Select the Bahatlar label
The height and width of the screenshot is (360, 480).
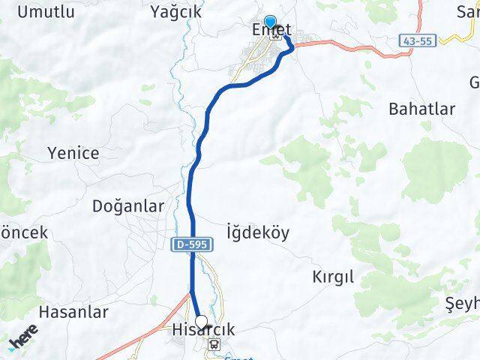(421, 109)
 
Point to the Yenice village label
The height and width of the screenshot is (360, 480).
(73, 153)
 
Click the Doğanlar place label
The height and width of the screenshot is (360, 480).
(127, 206)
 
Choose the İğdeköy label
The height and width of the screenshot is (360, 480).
(257, 232)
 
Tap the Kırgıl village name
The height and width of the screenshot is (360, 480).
(332, 277)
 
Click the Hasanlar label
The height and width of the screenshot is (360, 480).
(73, 312)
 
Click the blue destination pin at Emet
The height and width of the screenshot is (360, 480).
(270, 23)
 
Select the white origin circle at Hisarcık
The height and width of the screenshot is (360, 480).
(200, 322)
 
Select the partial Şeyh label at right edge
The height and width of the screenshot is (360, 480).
(462, 304)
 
